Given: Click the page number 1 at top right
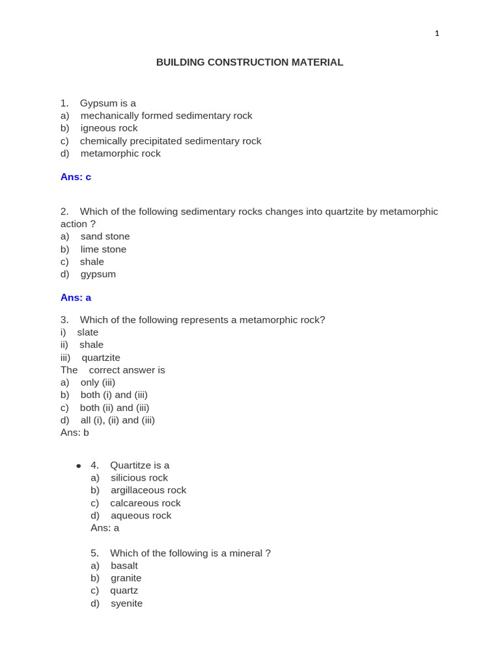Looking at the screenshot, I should click(437, 34).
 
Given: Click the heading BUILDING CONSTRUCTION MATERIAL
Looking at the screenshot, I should click(249, 62).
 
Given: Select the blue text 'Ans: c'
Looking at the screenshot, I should click(76, 177).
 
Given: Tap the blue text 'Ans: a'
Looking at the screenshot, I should click(76, 297).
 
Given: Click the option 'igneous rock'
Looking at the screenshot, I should click(109, 128).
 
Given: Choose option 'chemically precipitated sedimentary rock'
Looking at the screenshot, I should click(171, 141).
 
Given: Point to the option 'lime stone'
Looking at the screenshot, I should click(104, 249).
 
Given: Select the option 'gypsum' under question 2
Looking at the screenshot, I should click(98, 274).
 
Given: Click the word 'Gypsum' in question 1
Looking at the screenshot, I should click(98, 103).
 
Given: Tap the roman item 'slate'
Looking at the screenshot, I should click(88, 332).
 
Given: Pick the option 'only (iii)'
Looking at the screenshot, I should click(98, 382).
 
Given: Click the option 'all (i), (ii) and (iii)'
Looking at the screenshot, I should click(118, 420).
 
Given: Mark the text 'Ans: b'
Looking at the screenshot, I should click(75, 433).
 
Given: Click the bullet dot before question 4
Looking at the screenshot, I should click(79, 466).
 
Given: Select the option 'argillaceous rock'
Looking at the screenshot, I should click(148, 490).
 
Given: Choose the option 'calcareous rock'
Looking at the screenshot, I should click(145, 503).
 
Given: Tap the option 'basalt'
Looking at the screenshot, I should click(124, 566).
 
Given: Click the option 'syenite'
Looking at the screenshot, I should click(126, 604).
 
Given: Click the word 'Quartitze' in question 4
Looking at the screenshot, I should click(131, 466).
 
